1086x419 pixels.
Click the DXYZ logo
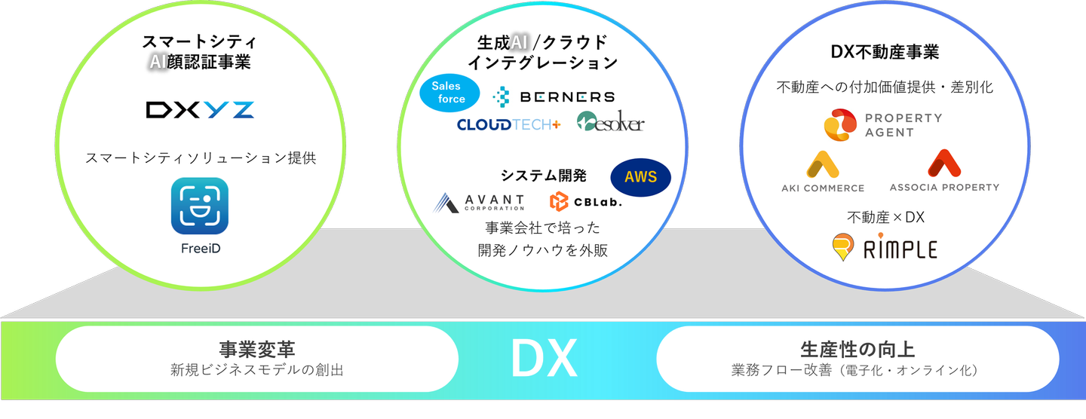pyautogui.click(x=200, y=110)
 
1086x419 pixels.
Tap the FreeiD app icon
pyautogui.click(x=200, y=206)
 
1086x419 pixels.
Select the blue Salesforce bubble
pyautogui.click(x=449, y=93)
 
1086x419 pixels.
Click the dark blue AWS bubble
pyautogui.click(x=640, y=177)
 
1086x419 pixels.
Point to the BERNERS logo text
pyautogui.click(x=567, y=97)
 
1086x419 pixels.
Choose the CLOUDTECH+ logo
pyautogui.click(x=508, y=125)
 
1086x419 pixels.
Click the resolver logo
pyautogui.click(x=610, y=121)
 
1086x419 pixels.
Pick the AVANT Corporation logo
pyautogui.click(x=478, y=203)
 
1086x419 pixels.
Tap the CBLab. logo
pyautogui.click(x=586, y=201)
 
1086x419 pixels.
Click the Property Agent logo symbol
pyautogui.click(x=840, y=125)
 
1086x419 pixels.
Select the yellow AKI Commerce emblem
pyautogui.click(x=823, y=165)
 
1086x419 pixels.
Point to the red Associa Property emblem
pyautogui.click(x=944, y=164)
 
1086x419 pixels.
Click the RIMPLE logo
pyautogui.click(x=885, y=247)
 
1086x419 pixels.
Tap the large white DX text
pyautogui.click(x=544, y=359)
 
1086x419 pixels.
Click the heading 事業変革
pyautogui.click(x=257, y=349)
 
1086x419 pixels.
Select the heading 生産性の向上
pyautogui.click(x=857, y=349)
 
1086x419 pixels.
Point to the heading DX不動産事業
pyautogui.click(x=885, y=52)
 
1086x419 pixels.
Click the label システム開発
pyautogui.click(x=544, y=176)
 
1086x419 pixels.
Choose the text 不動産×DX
pyautogui.click(x=885, y=217)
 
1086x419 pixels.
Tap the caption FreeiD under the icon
pyautogui.click(x=201, y=249)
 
